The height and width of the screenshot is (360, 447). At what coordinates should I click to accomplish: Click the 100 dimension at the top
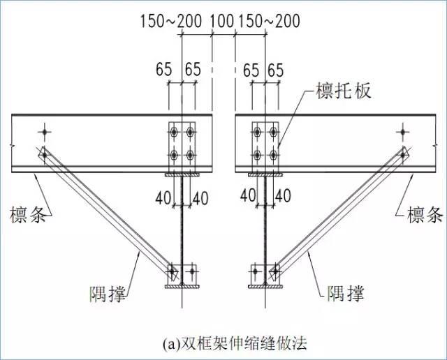point(222,21)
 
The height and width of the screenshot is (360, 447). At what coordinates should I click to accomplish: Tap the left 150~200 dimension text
point(171,21)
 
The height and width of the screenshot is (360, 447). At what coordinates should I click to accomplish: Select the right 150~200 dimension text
point(269,21)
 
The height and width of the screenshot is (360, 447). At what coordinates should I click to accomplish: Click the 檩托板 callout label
point(344,91)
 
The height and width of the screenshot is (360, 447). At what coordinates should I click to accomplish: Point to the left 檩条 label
point(28,214)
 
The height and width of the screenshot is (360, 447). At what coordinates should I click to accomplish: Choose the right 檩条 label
point(425,214)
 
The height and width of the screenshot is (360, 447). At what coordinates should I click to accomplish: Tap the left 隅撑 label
point(108,293)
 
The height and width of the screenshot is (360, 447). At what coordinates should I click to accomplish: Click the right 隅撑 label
point(346,293)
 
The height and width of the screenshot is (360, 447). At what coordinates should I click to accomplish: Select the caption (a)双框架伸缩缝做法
point(235,344)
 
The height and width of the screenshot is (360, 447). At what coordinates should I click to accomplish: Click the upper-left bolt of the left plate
point(174,132)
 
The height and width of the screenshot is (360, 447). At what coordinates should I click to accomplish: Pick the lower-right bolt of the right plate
point(273,155)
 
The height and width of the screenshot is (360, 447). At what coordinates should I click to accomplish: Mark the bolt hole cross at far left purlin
point(45,132)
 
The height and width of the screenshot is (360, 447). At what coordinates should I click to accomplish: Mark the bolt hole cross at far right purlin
point(403,132)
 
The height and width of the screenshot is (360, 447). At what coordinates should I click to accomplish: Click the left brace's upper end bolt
point(45,155)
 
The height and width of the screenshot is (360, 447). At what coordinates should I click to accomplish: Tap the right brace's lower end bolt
point(275,271)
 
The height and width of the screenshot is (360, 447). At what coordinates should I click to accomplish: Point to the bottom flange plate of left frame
point(182,287)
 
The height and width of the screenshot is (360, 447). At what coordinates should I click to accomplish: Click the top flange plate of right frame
point(265,174)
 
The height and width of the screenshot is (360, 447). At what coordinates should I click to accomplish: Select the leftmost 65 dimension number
point(164,70)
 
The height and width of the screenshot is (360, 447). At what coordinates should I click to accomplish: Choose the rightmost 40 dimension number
point(283,196)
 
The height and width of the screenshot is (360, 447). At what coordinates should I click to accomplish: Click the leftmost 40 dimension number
point(163,198)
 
